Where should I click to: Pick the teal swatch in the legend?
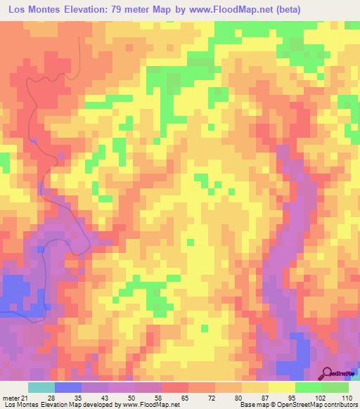click(41, 387)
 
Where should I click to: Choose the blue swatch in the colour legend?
click(68, 387)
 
